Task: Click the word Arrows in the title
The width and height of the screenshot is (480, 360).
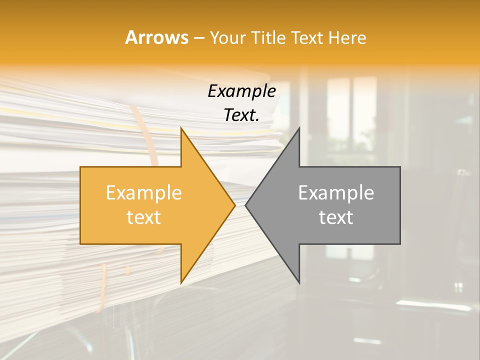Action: point(156,37)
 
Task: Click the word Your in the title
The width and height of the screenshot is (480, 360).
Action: point(228,38)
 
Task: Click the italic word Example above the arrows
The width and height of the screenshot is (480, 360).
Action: point(241,91)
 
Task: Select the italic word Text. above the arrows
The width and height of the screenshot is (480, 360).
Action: point(241,115)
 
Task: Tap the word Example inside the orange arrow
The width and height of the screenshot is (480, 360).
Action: point(143,193)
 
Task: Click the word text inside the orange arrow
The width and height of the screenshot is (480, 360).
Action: point(143,217)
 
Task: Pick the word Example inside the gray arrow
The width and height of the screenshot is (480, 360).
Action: point(336,193)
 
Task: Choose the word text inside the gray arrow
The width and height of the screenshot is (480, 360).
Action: point(336,217)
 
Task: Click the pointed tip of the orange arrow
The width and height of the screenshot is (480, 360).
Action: point(234,205)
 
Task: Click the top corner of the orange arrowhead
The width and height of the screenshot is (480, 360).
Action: point(181,128)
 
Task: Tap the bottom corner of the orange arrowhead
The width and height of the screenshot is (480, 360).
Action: point(181,283)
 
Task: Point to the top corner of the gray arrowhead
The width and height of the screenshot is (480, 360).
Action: point(299,128)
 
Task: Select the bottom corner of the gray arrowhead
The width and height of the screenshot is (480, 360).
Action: point(299,283)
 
